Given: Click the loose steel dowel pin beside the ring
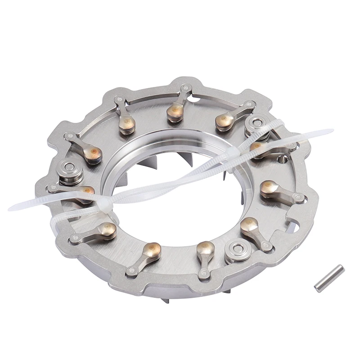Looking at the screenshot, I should coord(329,279).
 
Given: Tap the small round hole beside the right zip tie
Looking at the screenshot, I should coord(283,158).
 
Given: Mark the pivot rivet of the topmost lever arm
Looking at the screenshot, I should coord(184,88).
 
